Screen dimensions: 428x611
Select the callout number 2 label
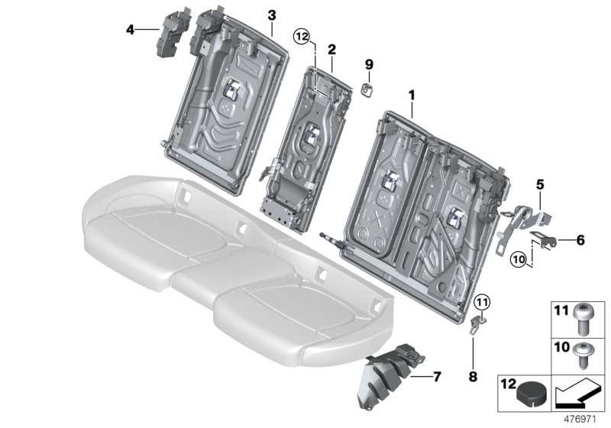(331, 49)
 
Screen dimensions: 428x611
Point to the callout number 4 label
(130, 30)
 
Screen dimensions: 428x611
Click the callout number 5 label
(539, 183)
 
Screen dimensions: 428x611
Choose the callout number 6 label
(580, 240)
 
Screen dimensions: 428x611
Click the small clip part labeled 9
(367, 89)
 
